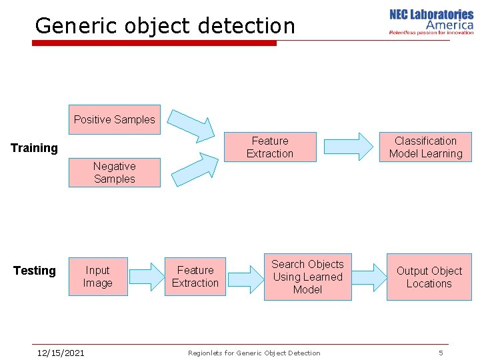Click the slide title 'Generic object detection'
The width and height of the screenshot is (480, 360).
165,25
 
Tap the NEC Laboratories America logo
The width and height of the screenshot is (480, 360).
431,21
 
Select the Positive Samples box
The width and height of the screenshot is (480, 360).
115,120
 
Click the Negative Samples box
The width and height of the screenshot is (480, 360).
115,173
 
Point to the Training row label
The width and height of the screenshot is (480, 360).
35,148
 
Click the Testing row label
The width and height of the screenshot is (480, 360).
35,271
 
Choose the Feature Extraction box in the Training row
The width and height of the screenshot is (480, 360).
269,147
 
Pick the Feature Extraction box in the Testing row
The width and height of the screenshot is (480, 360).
195,277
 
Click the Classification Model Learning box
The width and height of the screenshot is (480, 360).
425,147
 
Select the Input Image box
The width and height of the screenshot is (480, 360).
97,277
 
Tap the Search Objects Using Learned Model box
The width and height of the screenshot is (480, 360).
307,277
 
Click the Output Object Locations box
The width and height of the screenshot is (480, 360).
429,277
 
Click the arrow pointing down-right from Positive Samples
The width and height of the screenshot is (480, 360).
191,124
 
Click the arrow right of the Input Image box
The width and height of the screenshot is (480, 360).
146,277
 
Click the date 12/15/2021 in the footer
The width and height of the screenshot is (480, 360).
61,353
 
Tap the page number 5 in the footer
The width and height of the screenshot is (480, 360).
441,353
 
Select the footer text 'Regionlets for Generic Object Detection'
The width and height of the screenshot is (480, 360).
254,353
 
